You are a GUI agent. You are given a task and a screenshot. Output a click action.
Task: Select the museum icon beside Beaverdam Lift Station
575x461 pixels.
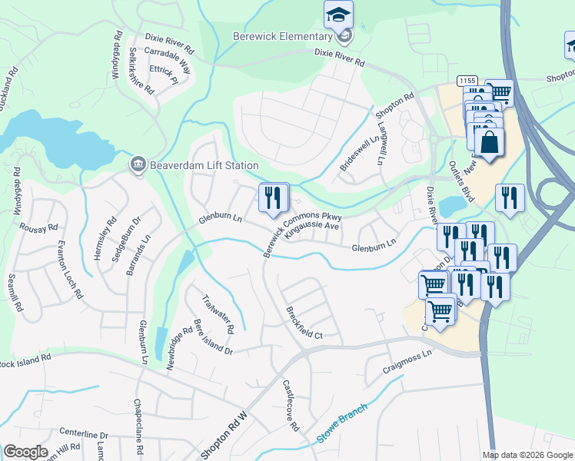point(138,164)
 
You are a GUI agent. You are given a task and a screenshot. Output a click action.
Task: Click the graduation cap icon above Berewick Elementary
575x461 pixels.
point(337,14)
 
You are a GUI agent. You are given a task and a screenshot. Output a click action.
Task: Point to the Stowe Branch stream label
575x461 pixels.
point(342,423)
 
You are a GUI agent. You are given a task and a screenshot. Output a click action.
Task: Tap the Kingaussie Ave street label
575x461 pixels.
point(311,230)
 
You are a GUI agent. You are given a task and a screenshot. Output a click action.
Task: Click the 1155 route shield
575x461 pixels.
point(466,81)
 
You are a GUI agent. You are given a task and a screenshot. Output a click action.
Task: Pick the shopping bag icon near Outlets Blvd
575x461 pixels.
point(489,142)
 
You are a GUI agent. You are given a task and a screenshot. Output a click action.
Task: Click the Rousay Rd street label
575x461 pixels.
point(42,228)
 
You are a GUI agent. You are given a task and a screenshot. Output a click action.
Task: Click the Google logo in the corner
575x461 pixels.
point(25,452)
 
